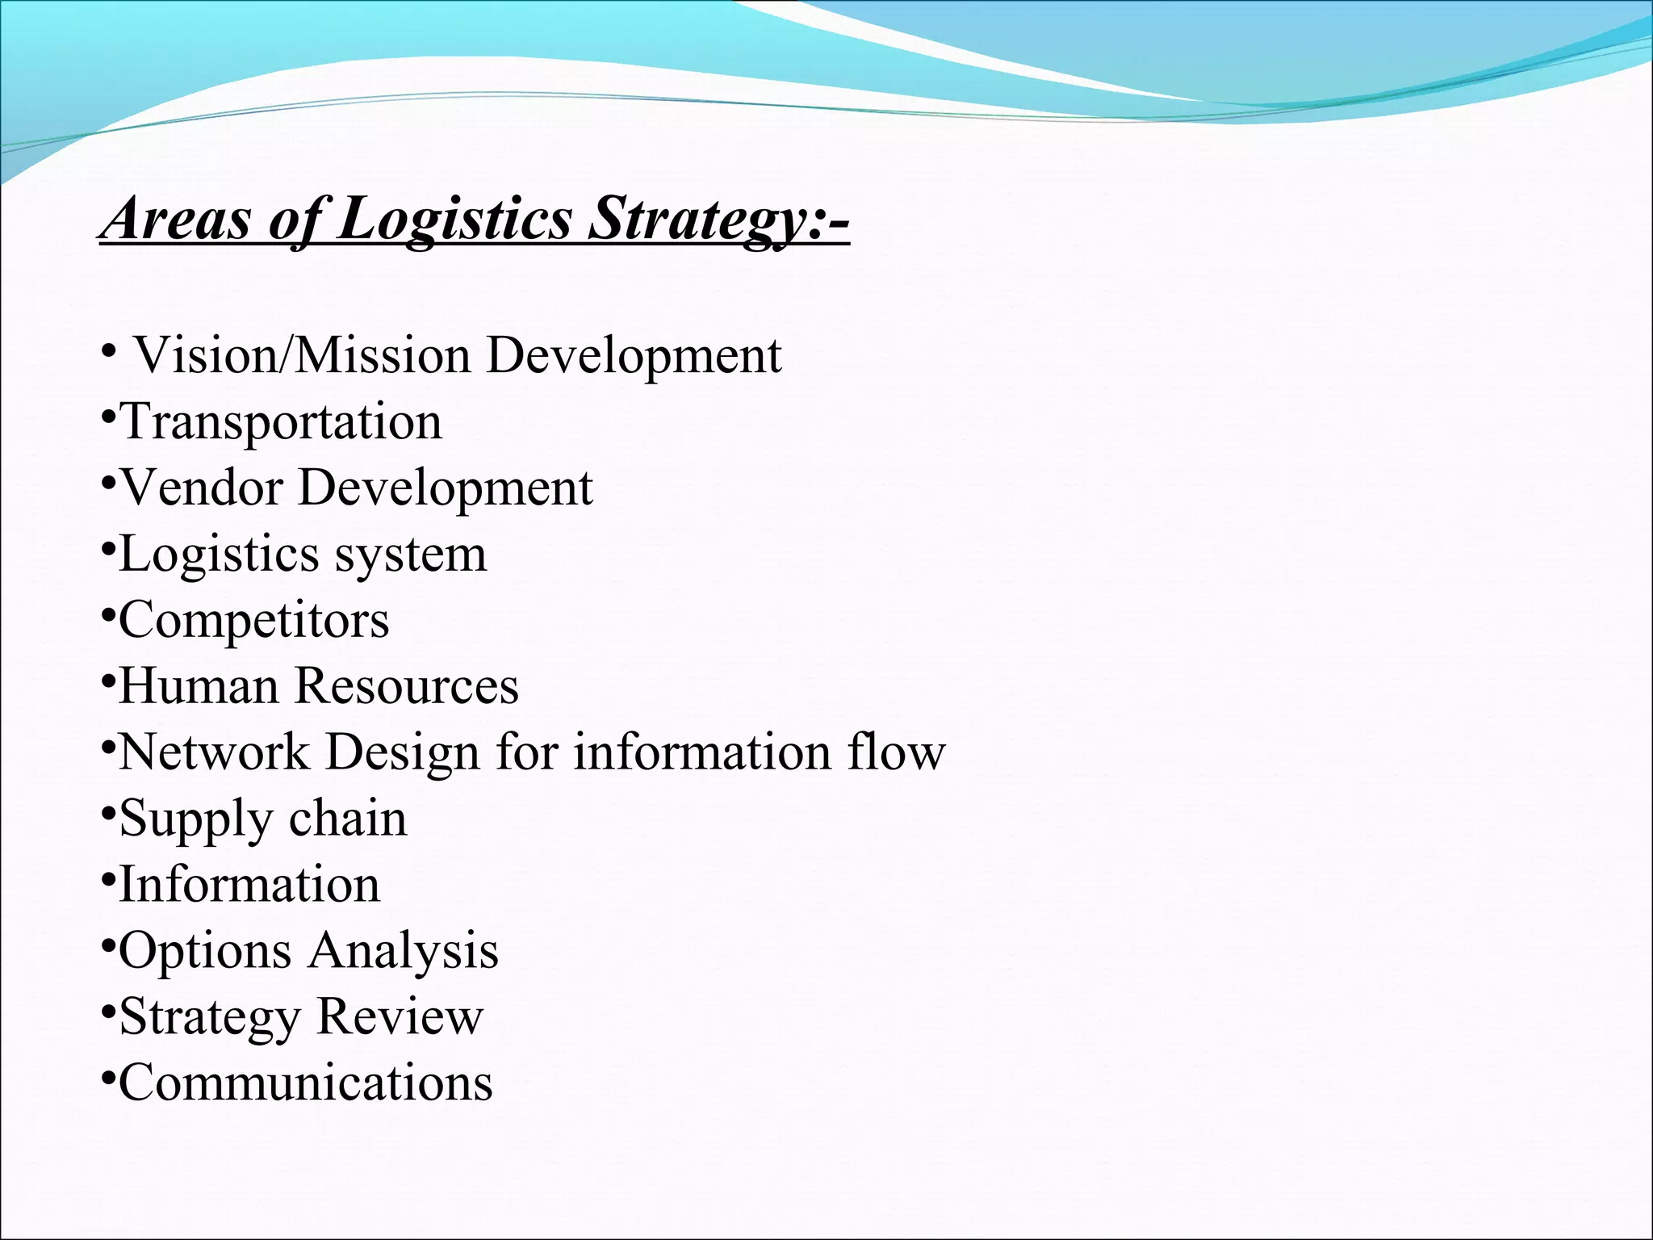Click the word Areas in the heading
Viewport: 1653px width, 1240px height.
coord(178,219)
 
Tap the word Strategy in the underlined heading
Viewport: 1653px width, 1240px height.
coord(696,219)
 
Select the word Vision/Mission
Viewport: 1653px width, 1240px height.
coord(302,355)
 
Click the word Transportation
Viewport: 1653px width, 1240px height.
coord(281,421)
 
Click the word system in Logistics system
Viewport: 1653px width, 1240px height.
coord(411,554)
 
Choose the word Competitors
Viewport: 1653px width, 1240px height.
coord(254,620)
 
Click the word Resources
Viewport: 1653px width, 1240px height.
coord(406,686)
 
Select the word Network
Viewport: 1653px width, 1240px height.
coord(214,752)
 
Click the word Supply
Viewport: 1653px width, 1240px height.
coord(196,819)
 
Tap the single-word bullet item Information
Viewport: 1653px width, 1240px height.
coord(249,885)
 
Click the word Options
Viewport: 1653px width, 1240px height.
coord(205,951)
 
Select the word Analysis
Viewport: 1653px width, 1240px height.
coord(404,951)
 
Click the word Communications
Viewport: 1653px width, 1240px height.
coord(306,1083)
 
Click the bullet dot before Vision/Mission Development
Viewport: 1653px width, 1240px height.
coord(107,352)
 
